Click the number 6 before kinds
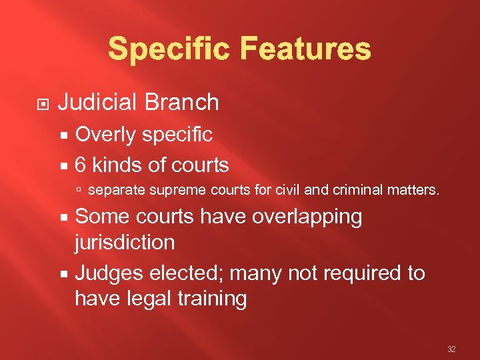tap(81, 165)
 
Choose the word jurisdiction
tap(125, 242)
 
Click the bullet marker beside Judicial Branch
tap(41, 103)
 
